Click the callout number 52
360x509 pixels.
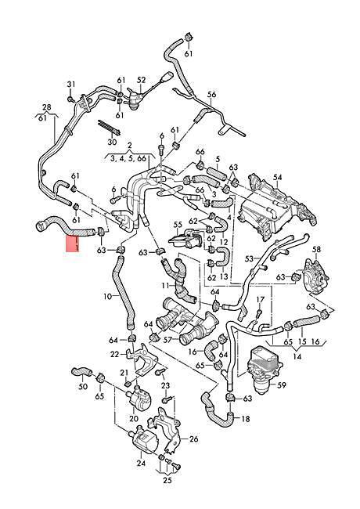click(142, 80)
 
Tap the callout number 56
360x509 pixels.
click(211, 95)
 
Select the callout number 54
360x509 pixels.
click(278, 177)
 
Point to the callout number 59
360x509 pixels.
click(282, 385)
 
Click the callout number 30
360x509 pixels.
click(112, 142)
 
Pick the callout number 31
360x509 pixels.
click(71, 85)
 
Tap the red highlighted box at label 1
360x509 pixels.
click(73, 244)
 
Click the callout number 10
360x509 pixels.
click(108, 296)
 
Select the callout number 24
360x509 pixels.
click(141, 464)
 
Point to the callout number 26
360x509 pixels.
click(193, 439)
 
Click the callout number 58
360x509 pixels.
click(316, 249)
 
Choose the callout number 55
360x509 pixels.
click(178, 224)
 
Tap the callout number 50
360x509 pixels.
click(84, 386)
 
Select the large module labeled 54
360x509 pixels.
click(275, 206)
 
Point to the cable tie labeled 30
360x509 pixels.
click(110, 128)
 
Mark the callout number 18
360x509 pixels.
click(246, 419)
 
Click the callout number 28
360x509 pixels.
click(47, 107)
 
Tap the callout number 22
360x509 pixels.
click(115, 354)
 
